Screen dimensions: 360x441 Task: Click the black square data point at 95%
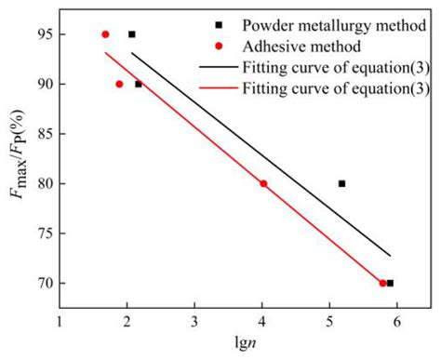[x=131, y=34]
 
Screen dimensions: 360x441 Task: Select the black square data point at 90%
[x=139, y=84]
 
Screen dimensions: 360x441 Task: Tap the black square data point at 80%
[x=341, y=183]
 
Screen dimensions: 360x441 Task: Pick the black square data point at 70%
[x=390, y=283]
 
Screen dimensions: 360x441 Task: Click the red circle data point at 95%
[x=105, y=34]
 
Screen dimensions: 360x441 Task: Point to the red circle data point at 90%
[x=119, y=84]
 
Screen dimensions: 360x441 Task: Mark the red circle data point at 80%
[x=263, y=183]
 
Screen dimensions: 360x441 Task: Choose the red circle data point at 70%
[x=382, y=283]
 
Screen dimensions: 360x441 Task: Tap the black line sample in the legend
[x=216, y=67]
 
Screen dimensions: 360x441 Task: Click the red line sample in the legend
[x=216, y=88]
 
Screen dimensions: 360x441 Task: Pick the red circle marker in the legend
[x=217, y=46]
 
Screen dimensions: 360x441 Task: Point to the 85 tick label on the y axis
[x=44, y=134]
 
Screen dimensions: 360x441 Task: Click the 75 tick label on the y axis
[x=44, y=233]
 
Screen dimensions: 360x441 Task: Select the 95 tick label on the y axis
[x=44, y=34]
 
